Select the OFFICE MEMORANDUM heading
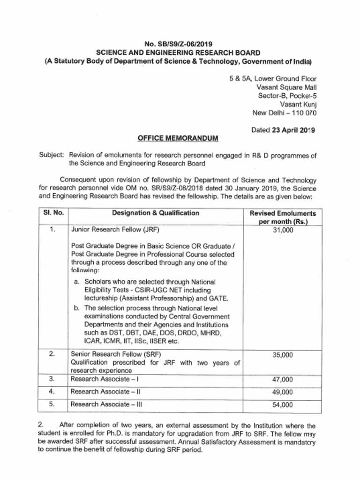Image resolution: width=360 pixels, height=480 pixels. pos(178,139)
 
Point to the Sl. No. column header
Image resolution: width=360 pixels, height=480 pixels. pos(53,213)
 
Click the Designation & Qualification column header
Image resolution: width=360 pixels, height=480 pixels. pos(156,213)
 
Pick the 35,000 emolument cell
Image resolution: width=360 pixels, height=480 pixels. pos(283,355)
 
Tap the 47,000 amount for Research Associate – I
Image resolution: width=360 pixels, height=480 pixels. pos(283,379)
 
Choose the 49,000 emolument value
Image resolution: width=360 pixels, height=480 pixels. pos(283,392)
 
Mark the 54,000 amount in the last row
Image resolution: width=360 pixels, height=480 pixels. pos(283,405)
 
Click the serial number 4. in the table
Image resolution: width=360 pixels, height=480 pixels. pos(52,391)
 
